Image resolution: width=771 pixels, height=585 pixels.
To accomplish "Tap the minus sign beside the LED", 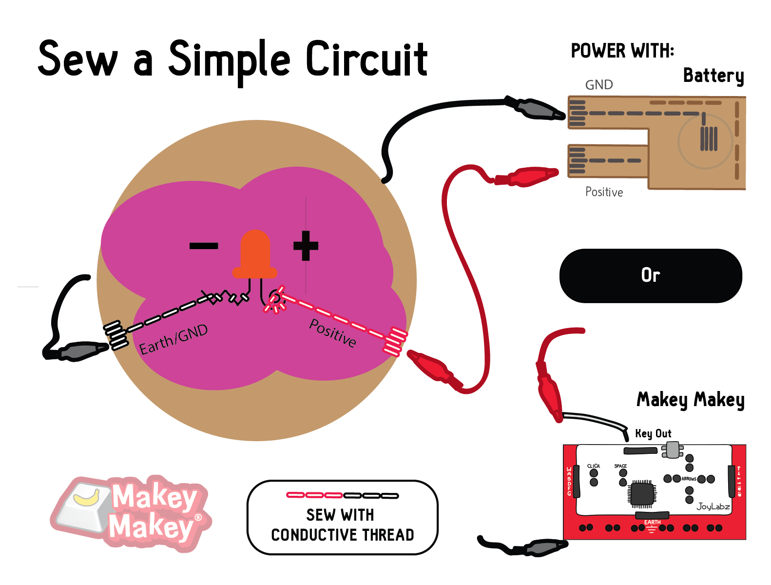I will tap(203, 246).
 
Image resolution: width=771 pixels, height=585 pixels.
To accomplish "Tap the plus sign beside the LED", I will tap(306, 246).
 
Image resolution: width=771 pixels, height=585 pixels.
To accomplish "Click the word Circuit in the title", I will tap(366, 59).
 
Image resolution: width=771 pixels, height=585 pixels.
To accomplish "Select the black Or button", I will tap(651, 275).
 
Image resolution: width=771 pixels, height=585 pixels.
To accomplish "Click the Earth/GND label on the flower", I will tap(173, 339).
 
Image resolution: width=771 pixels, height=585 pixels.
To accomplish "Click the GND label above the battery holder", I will tap(599, 85).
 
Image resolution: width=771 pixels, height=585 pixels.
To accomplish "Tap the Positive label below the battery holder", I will tap(604, 192).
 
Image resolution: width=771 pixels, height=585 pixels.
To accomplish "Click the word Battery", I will tap(713, 76).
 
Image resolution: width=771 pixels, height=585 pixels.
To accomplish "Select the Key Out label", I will tap(653, 433).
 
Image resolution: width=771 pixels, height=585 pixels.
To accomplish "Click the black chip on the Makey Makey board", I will tap(642, 493).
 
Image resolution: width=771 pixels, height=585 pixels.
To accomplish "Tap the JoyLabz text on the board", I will tap(713, 507).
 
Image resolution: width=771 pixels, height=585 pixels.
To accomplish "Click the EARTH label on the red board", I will tap(652, 522).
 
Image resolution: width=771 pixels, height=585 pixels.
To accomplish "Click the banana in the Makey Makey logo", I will tap(87, 498).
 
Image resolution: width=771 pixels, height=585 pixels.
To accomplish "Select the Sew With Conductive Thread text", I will tap(342, 525).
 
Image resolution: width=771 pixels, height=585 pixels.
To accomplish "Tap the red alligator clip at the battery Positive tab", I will tap(529, 176).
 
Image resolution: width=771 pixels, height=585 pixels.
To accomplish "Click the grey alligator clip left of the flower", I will tap(80, 351).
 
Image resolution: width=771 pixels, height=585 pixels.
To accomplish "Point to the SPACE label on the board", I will tap(620, 466).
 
